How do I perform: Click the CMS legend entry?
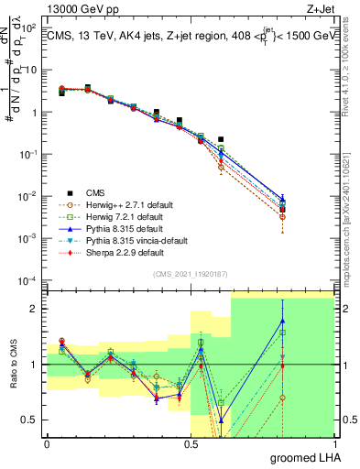pyautogui.click(x=97, y=192)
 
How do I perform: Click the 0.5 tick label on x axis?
pyautogui.click(x=191, y=442)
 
